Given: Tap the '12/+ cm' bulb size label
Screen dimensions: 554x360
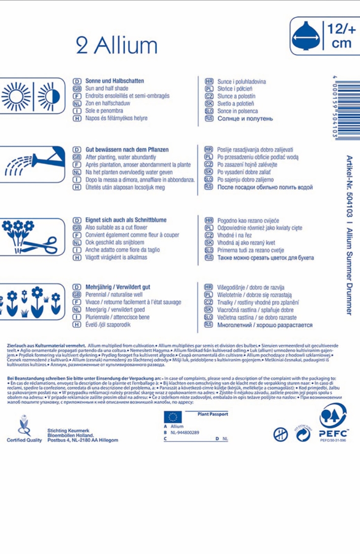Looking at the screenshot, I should pyautogui.click(x=338, y=37).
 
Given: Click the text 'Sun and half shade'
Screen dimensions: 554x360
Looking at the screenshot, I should pyautogui.click(x=107, y=88).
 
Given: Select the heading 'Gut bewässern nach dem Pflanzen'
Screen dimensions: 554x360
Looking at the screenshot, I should pyautogui.click(x=127, y=149).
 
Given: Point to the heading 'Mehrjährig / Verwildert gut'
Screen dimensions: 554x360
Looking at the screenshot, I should pyautogui.click(x=118, y=287).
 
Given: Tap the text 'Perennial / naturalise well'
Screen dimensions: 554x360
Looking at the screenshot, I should pyautogui.click(x=114, y=295).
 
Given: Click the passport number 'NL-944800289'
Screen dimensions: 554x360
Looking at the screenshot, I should pyautogui.click(x=185, y=432).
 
